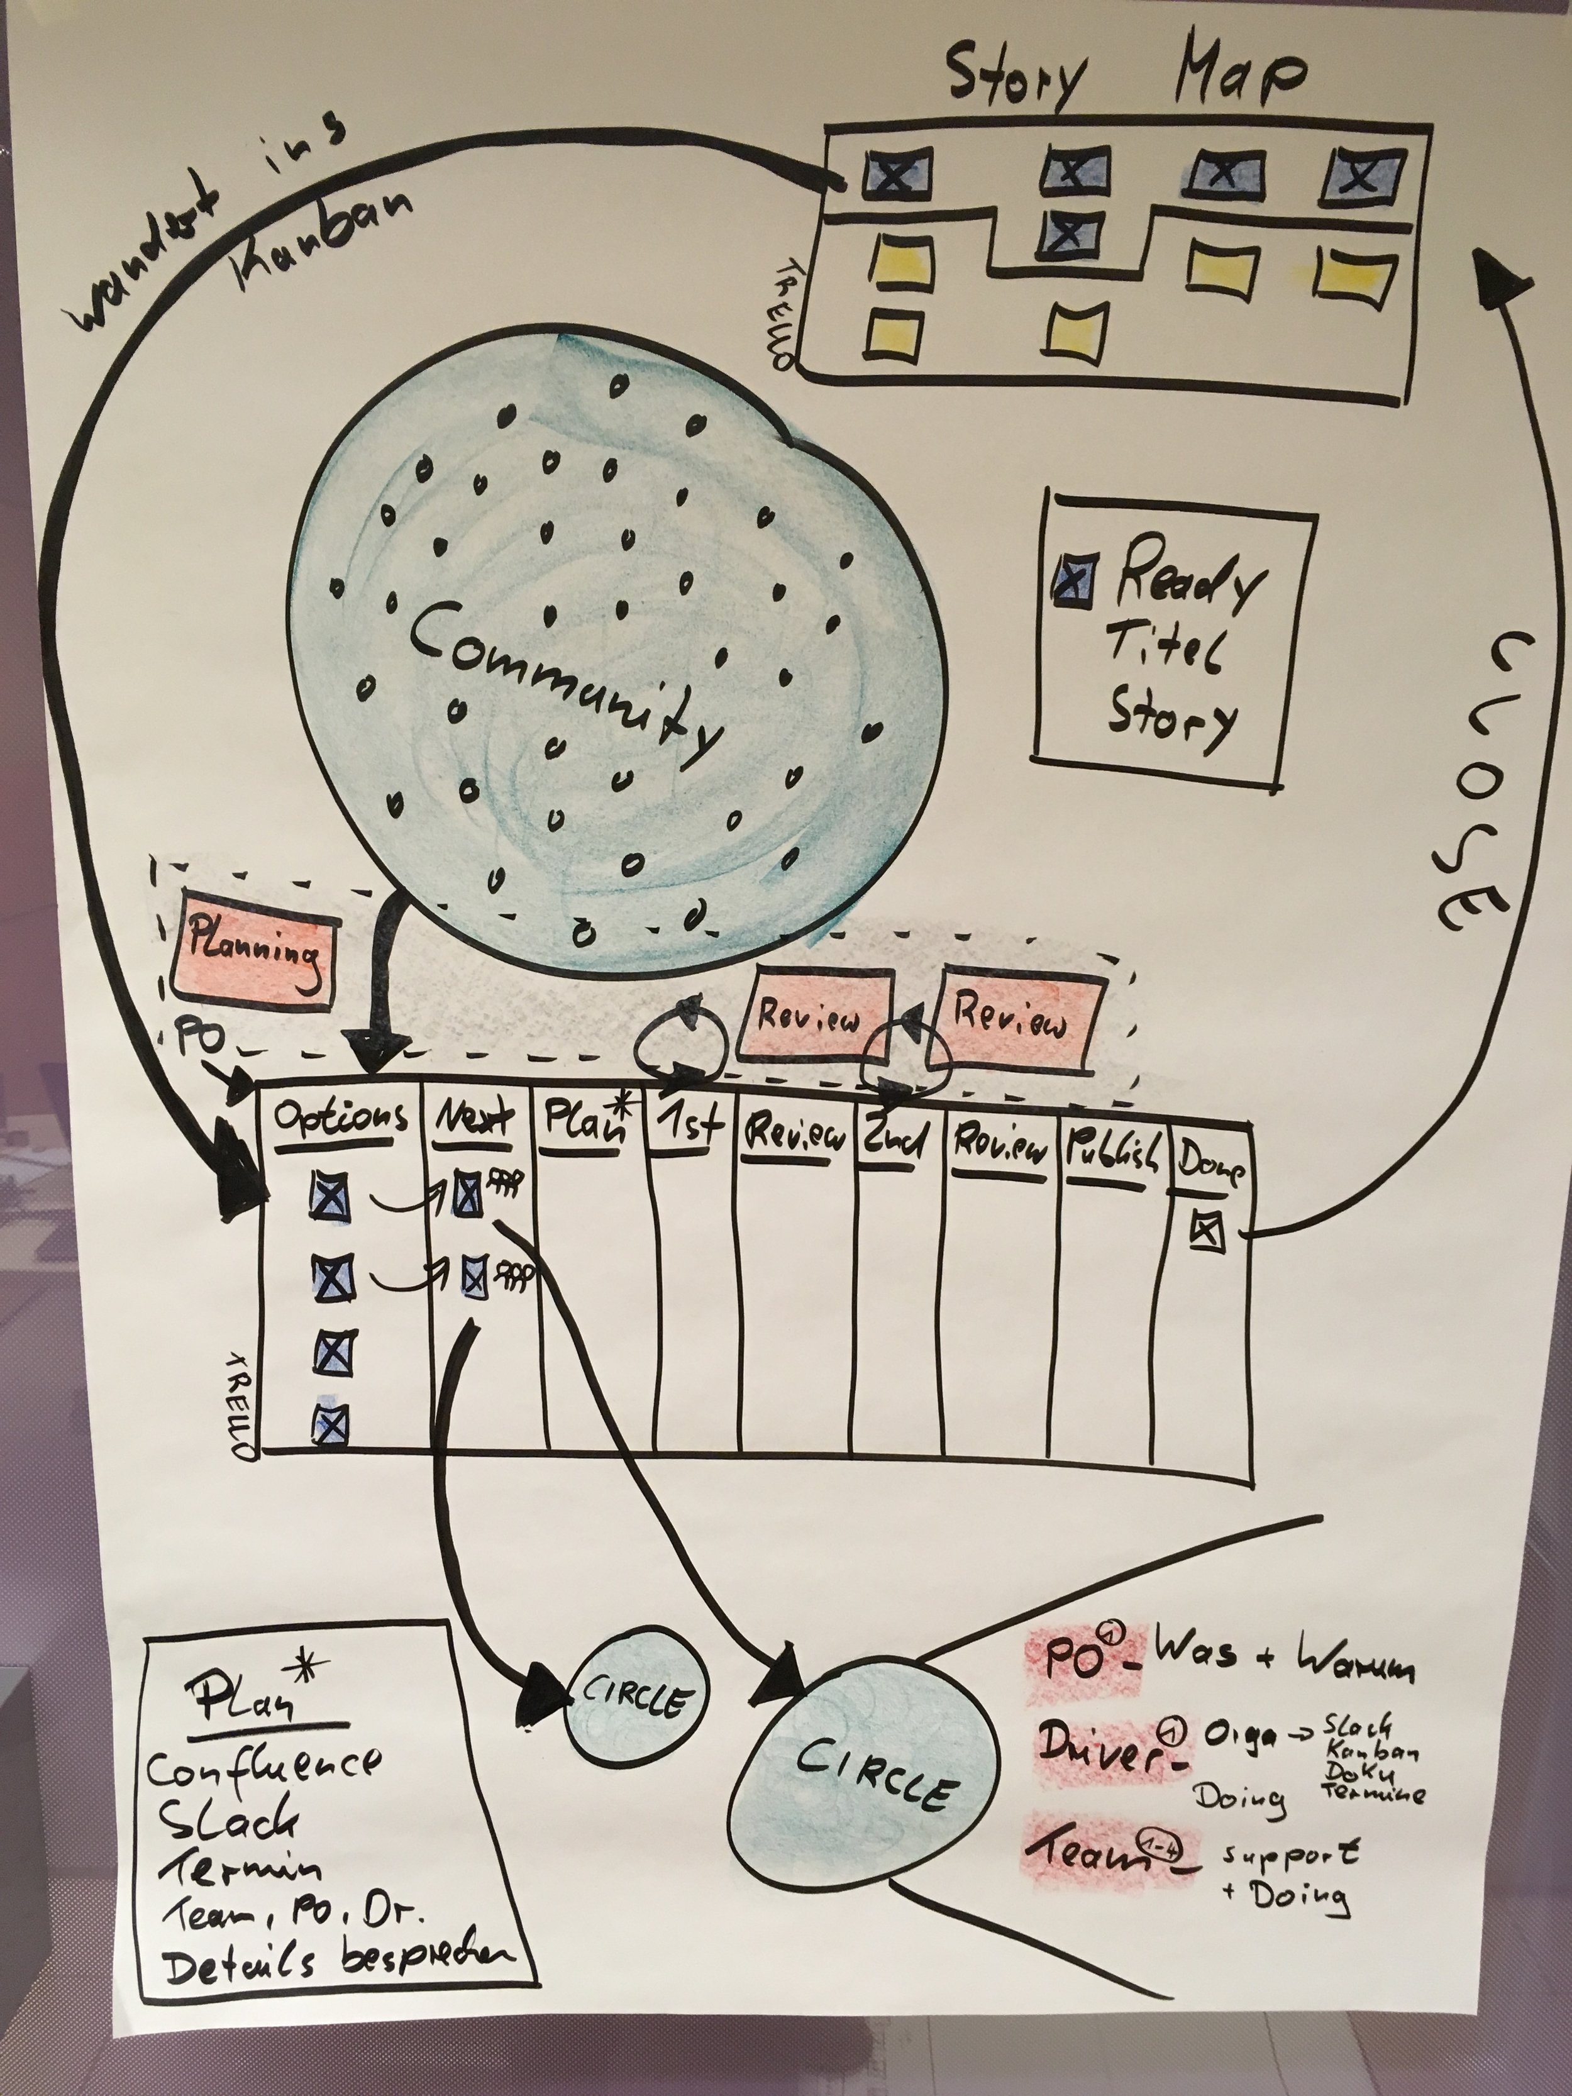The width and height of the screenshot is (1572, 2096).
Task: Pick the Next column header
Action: pyautogui.click(x=475, y=1120)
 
